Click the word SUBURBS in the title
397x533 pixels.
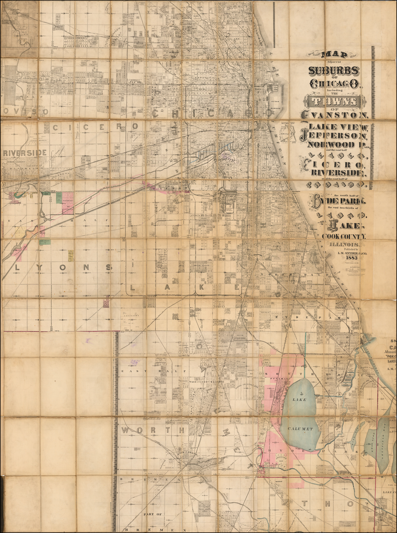tap(334, 71)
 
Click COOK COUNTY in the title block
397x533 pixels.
tap(340, 236)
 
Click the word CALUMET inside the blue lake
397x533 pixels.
tap(300, 429)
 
